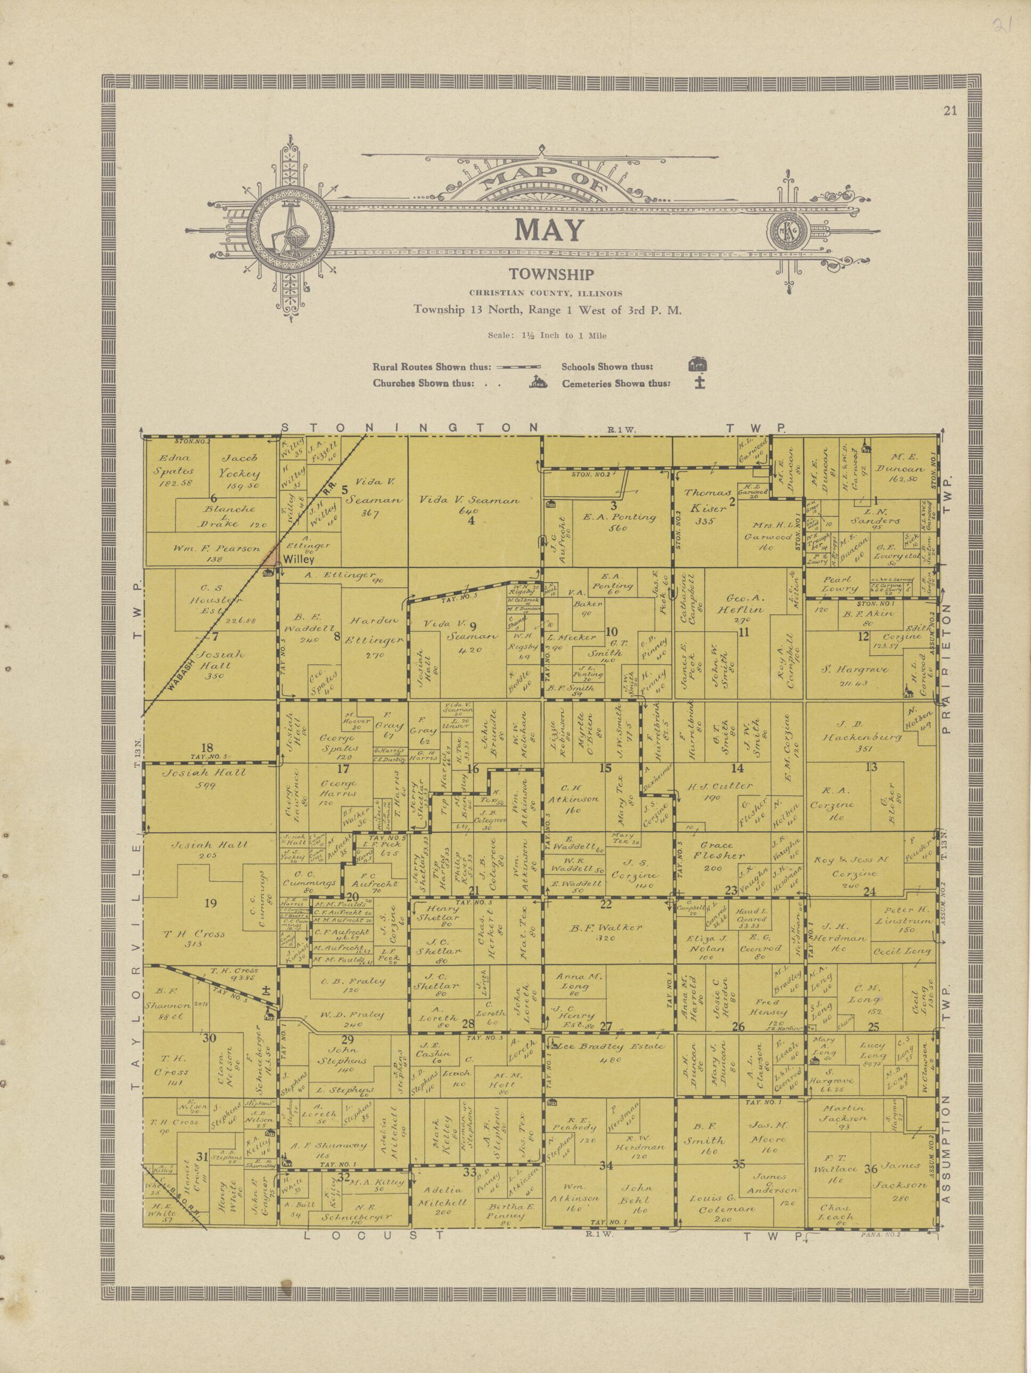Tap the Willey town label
tap(299, 559)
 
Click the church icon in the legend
tap(538, 383)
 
